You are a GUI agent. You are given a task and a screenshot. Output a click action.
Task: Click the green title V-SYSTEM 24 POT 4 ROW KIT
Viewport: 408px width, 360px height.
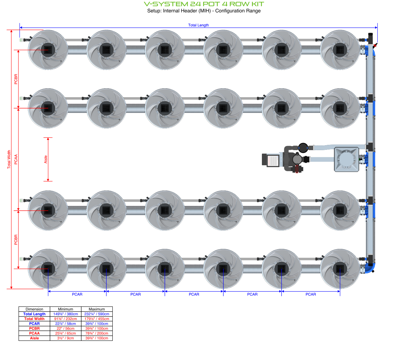point(204,4)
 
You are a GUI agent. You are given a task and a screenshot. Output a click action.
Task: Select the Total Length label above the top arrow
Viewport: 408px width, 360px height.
point(198,25)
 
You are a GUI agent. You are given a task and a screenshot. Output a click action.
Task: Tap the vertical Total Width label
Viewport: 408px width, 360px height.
point(9,159)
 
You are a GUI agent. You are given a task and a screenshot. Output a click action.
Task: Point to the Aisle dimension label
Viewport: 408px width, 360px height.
point(46,159)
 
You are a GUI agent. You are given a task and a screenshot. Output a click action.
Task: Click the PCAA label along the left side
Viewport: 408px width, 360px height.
point(16,159)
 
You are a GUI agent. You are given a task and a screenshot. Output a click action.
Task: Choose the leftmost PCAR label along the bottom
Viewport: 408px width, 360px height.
point(77,294)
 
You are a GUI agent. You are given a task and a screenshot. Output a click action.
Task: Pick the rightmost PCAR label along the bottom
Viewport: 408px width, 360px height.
point(310,294)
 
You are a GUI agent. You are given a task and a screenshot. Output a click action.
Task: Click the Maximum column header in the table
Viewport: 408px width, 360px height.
point(97,309)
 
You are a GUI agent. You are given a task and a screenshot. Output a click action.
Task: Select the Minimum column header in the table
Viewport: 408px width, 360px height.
point(65,309)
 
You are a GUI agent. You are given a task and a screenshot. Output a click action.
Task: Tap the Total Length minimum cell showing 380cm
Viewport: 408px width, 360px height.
point(65,314)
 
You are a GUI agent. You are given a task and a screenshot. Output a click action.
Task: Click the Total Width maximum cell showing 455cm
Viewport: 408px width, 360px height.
point(97,319)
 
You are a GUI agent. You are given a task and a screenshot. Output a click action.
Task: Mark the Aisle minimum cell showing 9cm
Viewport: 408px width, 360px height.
point(65,338)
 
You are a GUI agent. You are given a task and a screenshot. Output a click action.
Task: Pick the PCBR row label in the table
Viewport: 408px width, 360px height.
point(34,328)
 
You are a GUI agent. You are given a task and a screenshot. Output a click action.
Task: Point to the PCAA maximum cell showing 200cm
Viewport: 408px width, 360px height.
point(97,333)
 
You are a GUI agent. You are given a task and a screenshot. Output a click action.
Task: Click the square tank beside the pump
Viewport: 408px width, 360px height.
point(346,159)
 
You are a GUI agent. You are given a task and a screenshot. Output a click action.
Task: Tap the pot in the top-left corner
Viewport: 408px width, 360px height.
point(48,50)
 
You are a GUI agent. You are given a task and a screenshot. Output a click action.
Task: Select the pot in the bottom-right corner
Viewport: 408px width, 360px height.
point(340,269)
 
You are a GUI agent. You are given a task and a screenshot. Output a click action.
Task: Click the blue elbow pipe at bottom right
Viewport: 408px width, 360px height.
point(370,268)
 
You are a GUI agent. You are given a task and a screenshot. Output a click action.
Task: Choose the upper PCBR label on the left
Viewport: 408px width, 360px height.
point(16,79)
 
